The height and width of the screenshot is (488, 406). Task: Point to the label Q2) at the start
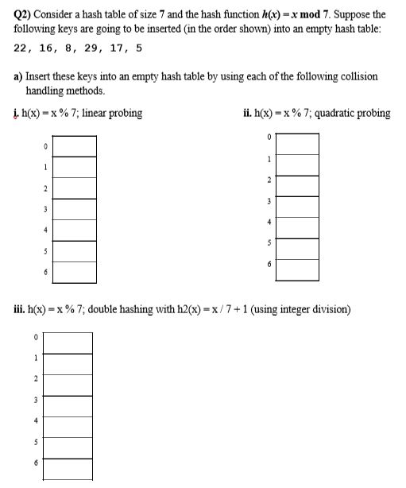point(22,14)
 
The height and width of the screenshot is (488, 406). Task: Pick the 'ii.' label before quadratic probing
point(249,113)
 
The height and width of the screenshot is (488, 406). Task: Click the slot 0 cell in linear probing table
point(75,146)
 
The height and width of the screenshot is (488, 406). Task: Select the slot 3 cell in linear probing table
point(75,209)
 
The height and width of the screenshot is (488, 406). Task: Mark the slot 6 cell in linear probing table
point(75,272)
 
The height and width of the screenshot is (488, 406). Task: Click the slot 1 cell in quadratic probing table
point(297,165)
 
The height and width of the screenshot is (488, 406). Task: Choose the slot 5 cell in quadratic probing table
point(297,249)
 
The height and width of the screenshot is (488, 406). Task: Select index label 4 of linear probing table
point(46,230)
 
